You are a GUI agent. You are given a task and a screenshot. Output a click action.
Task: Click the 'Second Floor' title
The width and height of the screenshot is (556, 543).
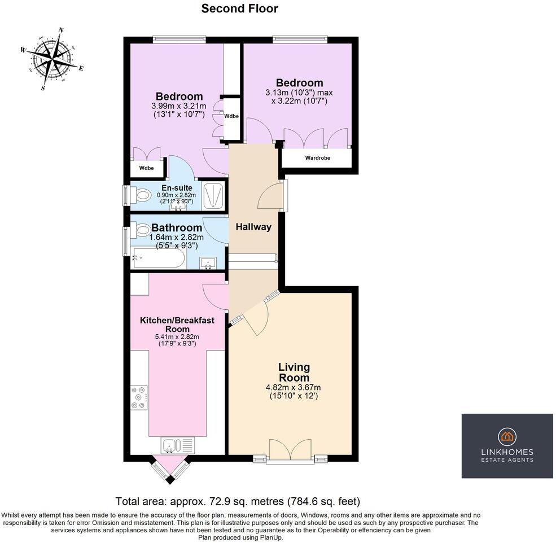coord(240,8)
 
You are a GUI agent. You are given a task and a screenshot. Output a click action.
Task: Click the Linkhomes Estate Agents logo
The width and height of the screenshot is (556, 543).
coord(507,446)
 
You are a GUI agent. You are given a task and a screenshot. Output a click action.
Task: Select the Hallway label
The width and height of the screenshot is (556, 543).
coord(253,227)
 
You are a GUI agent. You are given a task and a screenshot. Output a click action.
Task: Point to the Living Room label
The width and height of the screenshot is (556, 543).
coord(294,372)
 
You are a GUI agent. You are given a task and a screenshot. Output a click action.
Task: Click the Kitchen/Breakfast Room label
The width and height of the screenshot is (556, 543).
coord(177,325)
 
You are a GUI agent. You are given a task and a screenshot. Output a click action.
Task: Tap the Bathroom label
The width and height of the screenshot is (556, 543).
coord(177,227)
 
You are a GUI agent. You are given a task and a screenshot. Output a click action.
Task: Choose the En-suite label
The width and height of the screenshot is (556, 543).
coord(177,188)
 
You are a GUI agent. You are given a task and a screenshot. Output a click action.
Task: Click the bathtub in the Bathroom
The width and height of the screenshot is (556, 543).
coord(158,258)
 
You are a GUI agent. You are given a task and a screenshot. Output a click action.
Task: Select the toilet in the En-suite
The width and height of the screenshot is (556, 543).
coord(141,195)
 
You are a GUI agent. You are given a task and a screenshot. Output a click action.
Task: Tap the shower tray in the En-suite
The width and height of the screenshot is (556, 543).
coord(213,195)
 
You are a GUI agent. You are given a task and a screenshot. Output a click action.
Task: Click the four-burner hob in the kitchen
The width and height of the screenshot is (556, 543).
coord(139,397)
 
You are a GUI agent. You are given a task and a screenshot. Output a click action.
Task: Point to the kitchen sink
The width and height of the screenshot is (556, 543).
coord(178,445)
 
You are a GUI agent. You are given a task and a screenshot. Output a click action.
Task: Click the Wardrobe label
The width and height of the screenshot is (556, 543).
coord(318,158)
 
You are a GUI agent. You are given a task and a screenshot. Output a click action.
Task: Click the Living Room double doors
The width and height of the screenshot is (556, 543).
coord(291,450)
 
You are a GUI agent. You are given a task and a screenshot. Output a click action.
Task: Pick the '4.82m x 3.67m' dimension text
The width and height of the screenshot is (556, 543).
coord(294,387)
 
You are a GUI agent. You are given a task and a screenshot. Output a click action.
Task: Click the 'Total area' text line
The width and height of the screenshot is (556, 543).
coord(238,501)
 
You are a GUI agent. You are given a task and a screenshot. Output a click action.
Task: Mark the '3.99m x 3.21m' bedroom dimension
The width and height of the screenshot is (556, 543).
coord(179,106)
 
